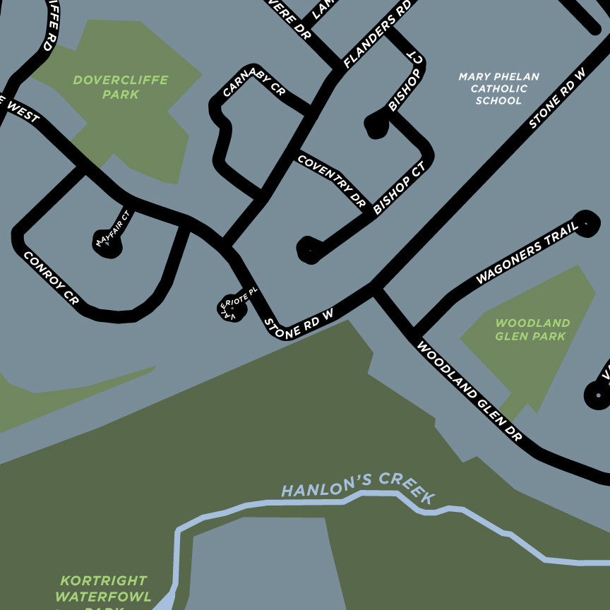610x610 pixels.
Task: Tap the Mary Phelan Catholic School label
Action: tap(498, 88)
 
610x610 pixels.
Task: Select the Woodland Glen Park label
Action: tap(532, 329)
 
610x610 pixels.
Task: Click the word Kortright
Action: tap(103, 580)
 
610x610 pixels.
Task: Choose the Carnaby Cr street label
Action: tap(253, 83)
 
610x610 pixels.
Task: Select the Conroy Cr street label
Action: tap(51, 278)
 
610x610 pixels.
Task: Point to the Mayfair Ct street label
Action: tap(114, 228)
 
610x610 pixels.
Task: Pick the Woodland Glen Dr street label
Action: tap(469, 391)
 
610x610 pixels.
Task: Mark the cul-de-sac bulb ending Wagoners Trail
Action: tap(587, 223)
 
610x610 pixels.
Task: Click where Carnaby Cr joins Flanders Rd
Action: tap(309, 112)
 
